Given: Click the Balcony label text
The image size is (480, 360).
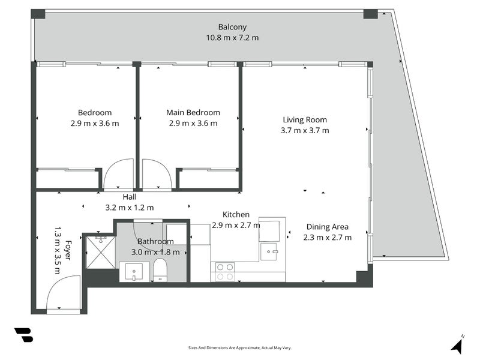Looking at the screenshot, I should coord(232,27).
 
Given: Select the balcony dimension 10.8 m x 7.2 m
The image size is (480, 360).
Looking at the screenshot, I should coord(232,38).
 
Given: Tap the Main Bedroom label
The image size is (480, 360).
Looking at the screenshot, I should coord(193,112).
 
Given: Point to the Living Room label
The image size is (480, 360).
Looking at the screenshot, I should coord(304,119).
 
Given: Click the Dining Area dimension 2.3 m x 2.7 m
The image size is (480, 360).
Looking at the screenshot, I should coord(328,237).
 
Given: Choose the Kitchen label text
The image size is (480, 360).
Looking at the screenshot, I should coord(236,214).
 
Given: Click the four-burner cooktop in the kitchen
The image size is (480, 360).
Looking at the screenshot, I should coord(224,272).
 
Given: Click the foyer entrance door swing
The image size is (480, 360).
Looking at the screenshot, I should coord(63,293).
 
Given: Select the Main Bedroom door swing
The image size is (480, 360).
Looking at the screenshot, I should coord(156,174).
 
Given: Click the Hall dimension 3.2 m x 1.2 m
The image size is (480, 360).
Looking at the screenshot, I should coord(130,208).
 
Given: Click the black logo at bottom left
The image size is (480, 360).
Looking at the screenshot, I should coord(23,335).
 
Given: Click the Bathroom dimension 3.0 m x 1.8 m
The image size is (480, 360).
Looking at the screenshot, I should coord(155,252).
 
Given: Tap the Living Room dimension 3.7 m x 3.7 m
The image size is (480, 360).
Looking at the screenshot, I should coord(304,130).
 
